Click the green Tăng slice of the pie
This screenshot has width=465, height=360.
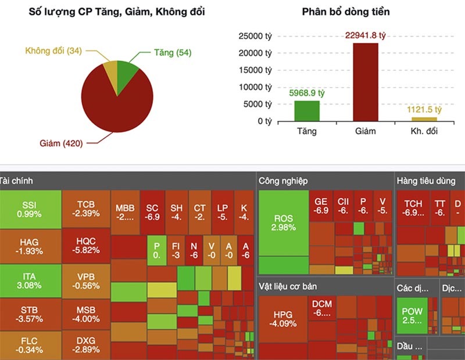pos(127,73)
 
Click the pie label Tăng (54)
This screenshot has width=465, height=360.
pos(172,53)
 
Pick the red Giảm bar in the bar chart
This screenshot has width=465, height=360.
pos(366,81)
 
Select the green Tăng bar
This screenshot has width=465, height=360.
pos(306,110)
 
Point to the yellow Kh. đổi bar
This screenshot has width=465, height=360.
pos(424,118)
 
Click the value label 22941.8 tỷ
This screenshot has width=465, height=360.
pos(366,35)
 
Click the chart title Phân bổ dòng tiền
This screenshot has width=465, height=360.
pos(346,12)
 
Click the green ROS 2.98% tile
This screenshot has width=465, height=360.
pos(284,223)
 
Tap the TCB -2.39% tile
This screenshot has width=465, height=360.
pos(85,209)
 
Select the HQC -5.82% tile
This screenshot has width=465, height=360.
pos(85,245)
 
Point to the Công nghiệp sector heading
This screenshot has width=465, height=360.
pos(284,181)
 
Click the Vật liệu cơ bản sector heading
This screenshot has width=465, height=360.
pos(293,286)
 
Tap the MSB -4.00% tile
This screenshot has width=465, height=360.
pos(85,314)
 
